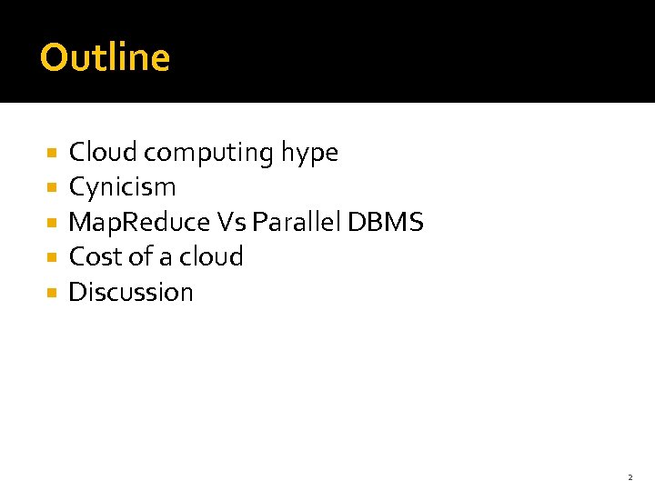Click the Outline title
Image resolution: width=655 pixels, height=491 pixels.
pos(106,57)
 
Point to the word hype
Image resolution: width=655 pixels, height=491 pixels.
pos(309,154)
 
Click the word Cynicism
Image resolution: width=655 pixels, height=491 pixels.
pos(123,188)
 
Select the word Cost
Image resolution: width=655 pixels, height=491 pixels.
pos(95,256)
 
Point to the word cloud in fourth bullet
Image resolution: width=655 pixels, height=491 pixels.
pos(211,256)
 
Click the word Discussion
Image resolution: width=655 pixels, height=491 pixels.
pos(131,292)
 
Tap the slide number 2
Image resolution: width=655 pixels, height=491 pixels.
pos(630,477)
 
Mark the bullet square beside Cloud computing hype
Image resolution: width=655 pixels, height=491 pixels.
pos(52,153)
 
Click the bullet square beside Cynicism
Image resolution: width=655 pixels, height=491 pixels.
pos(52,188)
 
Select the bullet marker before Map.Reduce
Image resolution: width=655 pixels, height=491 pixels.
pos(52,223)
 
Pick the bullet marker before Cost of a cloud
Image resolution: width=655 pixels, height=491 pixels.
pos(52,257)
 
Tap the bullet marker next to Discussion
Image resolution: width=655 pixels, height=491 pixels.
pos(52,293)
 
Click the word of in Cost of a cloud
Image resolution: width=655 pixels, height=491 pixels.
pos(140,256)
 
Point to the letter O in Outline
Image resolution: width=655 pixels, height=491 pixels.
pos(54,57)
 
